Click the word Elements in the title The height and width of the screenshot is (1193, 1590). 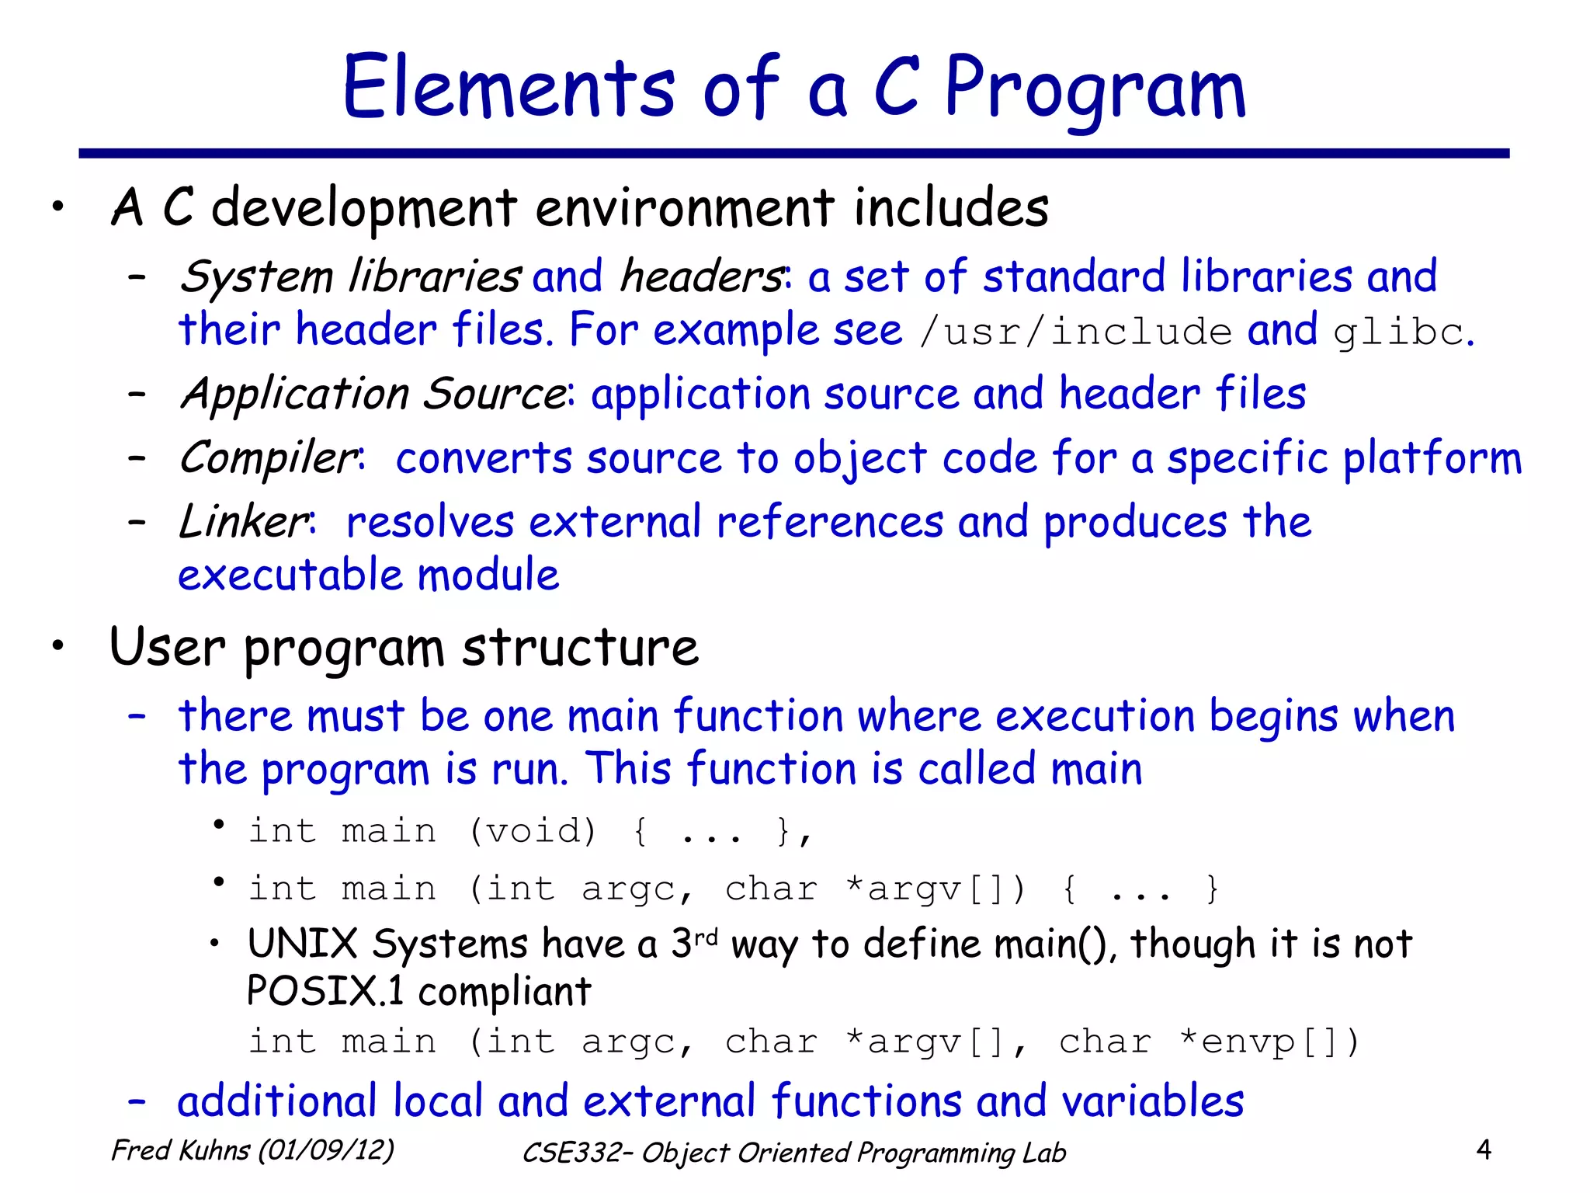tap(509, 87)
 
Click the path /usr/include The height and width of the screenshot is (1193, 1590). tap(1075, 332)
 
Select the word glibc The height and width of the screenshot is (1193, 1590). tap(1399, 332)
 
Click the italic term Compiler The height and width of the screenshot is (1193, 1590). tap(268, 457)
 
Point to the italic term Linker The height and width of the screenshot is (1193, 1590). tap(244, 521)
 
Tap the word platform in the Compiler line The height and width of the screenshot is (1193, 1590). tap(1432, 458)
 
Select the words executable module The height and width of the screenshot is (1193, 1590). tap(368, 576)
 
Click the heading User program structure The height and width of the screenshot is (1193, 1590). tap(404, 647)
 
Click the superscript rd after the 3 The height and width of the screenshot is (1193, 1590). tap(706, 937)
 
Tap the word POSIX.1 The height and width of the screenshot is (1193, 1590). tap(325, 991)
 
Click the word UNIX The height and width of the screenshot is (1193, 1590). tap(302, 944)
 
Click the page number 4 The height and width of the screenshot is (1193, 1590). tap(1483, 1150)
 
